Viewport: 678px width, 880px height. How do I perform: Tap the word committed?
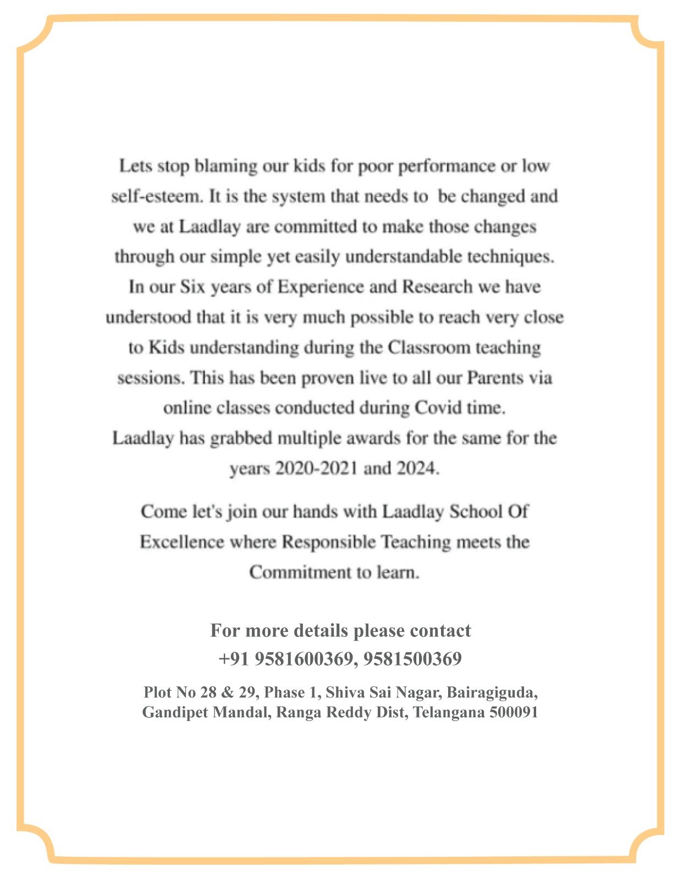tap(316, 227)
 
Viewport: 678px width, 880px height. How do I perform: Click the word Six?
tap(192, 287)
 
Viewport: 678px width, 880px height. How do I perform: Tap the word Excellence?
tap(181, 542)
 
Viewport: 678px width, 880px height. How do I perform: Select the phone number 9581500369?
tap(412, 658)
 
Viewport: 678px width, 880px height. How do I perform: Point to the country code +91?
tap(234, 658)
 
